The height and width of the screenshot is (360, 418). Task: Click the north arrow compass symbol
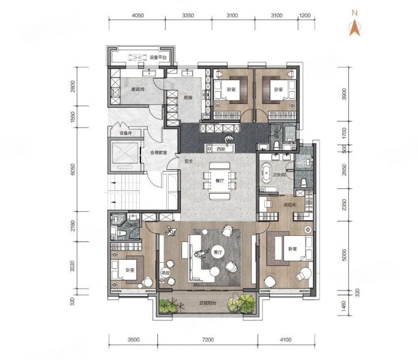(354, 26)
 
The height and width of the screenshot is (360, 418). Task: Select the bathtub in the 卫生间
(265, 175)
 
